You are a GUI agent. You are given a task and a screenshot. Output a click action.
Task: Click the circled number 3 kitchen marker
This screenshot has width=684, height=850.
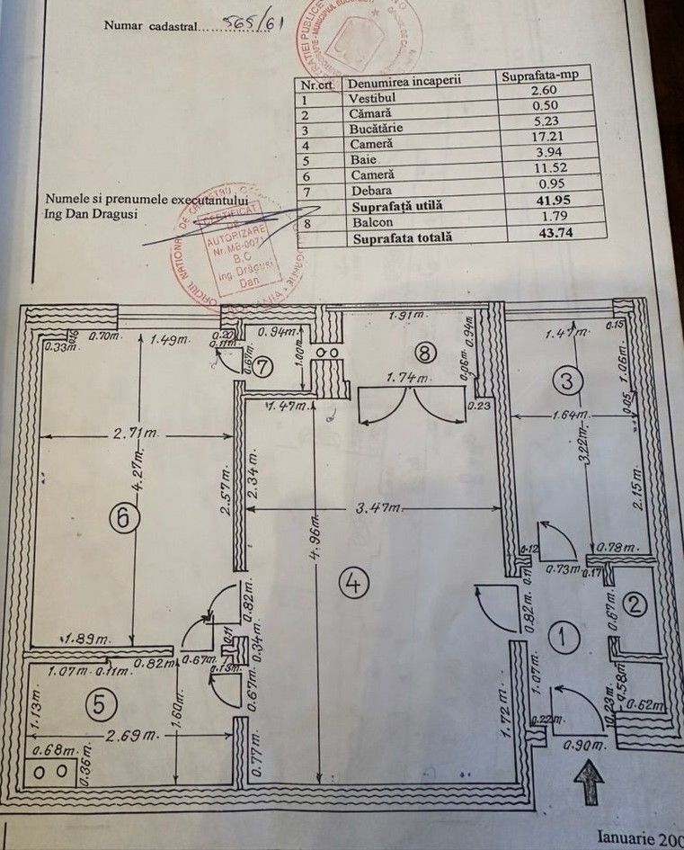pos(566,380)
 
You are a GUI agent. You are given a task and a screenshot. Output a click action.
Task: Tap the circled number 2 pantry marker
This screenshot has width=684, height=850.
pos(636,604)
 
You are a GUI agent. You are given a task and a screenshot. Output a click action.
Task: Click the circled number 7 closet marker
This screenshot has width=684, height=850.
pos(262,367)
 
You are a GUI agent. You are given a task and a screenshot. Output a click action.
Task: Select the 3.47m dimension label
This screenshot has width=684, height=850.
pos(369,509)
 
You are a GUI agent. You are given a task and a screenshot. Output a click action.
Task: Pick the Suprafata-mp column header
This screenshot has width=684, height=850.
pos(545,76)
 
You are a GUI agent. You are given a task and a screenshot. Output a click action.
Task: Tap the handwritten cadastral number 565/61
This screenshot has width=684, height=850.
pos(254,23)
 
